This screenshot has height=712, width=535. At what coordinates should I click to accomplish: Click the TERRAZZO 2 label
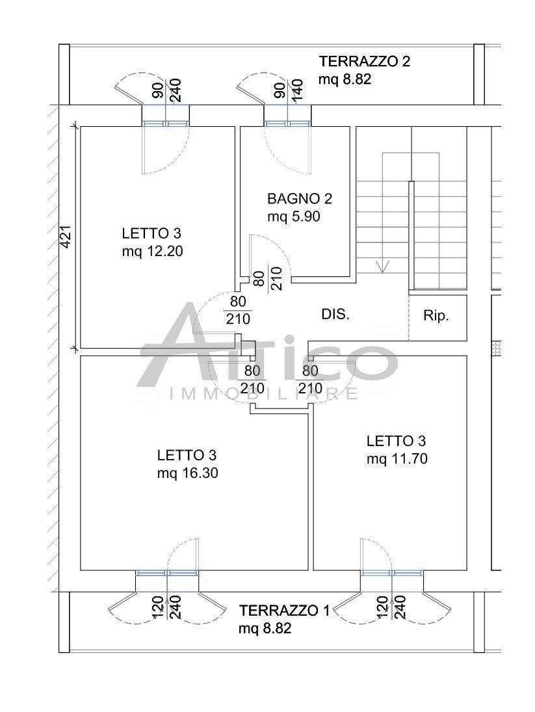[365, 61]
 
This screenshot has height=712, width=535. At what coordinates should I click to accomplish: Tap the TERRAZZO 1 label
[285, 611]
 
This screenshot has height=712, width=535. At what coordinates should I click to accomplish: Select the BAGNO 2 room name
[300, 199]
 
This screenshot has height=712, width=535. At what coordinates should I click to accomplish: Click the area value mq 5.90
[294, 217]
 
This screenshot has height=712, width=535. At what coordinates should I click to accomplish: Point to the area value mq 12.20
[153, 251]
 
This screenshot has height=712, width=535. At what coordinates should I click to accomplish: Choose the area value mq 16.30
[187, 473]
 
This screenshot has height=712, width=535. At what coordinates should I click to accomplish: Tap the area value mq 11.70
[397, 459]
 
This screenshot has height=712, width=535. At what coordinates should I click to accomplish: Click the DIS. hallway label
[335, 314]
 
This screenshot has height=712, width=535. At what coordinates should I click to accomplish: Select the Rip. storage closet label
[436, 316]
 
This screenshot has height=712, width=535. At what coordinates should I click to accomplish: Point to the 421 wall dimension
[66, 237]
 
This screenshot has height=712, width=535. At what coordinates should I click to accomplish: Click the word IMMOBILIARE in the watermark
[264, 393]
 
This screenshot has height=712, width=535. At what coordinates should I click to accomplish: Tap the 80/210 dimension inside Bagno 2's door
[268, 278]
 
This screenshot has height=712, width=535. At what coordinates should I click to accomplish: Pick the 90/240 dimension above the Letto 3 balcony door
[166, 90]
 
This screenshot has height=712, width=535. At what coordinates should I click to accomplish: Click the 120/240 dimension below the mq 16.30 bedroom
[166, 607]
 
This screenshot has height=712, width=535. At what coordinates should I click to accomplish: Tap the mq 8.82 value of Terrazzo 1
[265, 629]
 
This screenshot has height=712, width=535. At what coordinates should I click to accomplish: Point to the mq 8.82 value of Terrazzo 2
[345, 79]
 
